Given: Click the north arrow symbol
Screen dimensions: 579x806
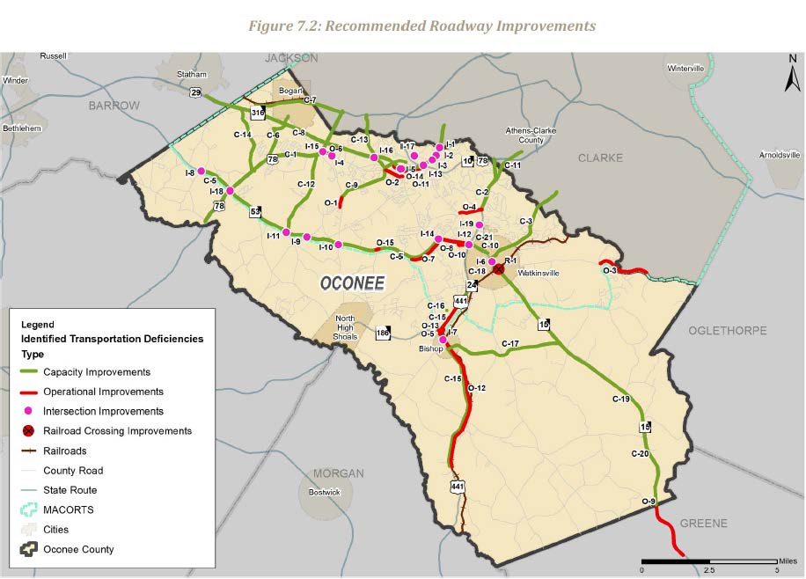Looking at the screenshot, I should [x=788, y=75].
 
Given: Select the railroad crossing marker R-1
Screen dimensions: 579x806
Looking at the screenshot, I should [x=499, y=268].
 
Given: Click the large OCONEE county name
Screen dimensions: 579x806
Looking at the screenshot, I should [x=352, y=283].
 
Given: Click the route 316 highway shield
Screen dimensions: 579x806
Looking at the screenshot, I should [x=258, y=114].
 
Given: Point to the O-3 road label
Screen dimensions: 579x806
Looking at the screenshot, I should [x=610, y=271].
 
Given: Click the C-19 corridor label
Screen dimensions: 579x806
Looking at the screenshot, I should [x=621, y=399].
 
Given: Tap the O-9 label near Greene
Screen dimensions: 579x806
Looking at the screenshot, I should [x=648, y=502].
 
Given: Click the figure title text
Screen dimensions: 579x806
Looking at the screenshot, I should [x=421, y=26].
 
